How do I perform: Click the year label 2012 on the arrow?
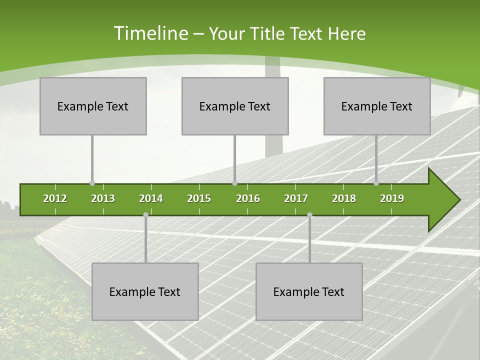[55, 198]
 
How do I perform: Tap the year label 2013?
[103, 198]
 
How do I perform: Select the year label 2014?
[151, 198]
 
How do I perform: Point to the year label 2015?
[199, 198]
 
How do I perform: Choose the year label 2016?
[248, 198]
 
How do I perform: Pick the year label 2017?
[296, 198]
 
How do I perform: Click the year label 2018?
[344, 198]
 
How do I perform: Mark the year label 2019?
[392, 198]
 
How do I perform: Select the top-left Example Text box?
[93, 106]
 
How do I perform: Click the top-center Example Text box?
[235, 106]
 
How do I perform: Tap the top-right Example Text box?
[377, 106]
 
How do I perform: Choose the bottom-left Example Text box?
[145, 291]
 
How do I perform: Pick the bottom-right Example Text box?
[309, 291]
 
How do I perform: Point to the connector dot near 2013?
[92, 183]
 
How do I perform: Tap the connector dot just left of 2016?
[234, 183]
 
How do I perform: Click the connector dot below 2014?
[145, 215]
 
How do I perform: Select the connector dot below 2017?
[309, 215]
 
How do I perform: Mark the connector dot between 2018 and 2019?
[376, 183]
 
